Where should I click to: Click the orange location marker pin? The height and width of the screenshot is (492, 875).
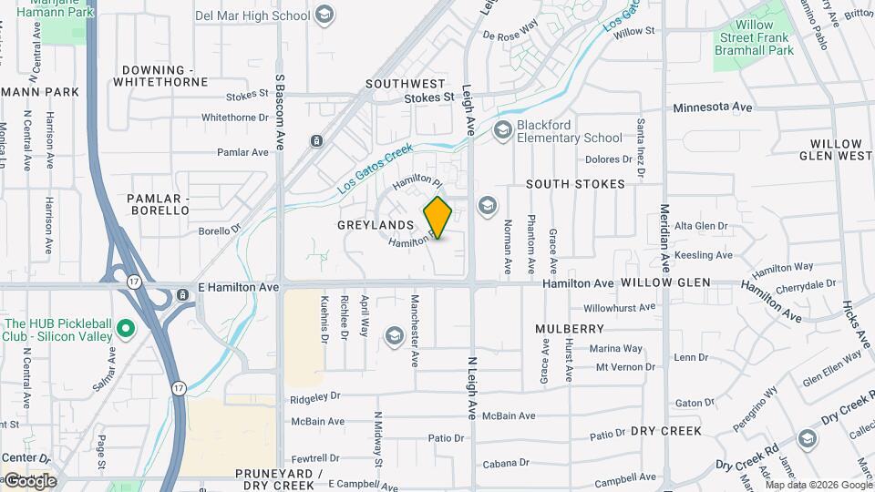coord(438,218)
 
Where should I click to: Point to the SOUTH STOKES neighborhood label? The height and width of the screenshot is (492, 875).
coord(575,184)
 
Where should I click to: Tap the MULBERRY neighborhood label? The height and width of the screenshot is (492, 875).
coord(571,328)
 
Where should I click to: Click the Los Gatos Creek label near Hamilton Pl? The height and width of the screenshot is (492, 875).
coord(376,168)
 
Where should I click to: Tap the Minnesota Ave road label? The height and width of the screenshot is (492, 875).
coord(713,108)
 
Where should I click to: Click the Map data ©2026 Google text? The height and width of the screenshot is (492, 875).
coord(818,485)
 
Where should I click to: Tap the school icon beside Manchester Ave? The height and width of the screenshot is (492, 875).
coord(394,336)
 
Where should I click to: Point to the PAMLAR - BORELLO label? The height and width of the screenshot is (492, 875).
coord(159,204)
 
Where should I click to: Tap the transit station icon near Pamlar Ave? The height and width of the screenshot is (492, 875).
coord(316,141)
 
